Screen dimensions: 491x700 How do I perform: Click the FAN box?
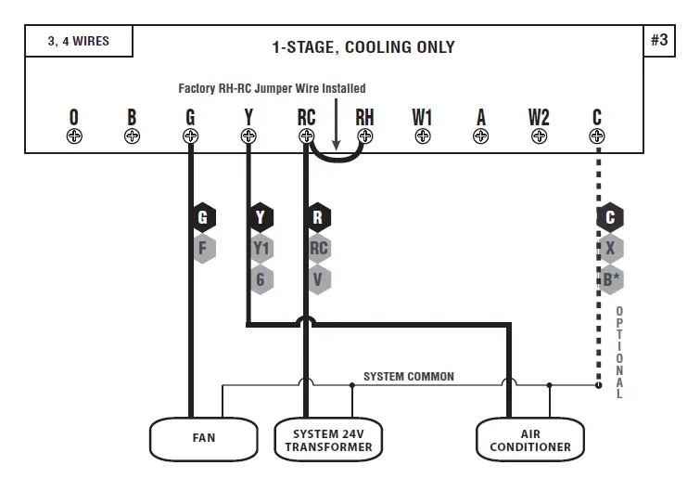pyautogui.click(x=204, y=438)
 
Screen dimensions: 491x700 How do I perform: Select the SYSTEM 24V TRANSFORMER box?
pyautogui.click(x=328, y=440)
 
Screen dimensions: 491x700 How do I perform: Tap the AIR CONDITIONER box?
pyautogui.click(x=530, y=440)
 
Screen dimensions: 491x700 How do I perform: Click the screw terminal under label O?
pyautogui.click(x=74, y=136)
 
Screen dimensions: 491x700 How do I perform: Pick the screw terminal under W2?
pyautogui.click(x=539, y=136)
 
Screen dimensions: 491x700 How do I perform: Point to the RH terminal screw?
pyautogui.click(x=365, y=136)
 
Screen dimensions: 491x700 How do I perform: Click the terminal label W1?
pyautogui.click(x=423, y=117)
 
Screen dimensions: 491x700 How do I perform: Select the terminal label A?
pyautogui.click(x=480, y=117)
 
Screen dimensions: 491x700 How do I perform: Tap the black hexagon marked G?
pyautogui.click(x=203, y=218)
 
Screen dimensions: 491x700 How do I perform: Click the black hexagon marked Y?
pyautogui.click(x=261, y=218)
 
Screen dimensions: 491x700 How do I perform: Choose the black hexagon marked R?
pyautogui.click(x=319, y=218)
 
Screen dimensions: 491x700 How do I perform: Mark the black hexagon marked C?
pyautogui.click(x=609, y=218)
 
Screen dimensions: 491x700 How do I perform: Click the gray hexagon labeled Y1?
pyautogui.click(x=261, y=249)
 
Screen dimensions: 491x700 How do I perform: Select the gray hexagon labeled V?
pyautogui.click(x=319, y=278)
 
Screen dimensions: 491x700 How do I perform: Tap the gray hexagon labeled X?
pyautogui.click(x=609, y=249)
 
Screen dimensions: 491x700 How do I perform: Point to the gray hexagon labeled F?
pyautogui.click(x=203, y=249)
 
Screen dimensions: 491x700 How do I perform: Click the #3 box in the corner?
pyautogui.click(x=659, y=41)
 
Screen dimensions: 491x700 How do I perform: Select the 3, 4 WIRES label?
pyautogui.click(x=78, y=42)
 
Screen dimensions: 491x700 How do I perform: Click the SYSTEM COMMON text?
pyautogui.click(x=408, y=376)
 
